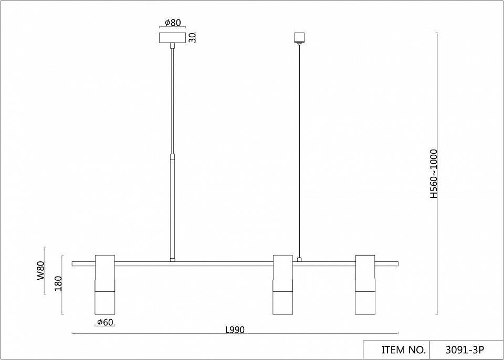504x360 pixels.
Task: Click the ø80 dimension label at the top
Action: point(173,23)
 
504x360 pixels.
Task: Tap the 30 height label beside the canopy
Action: point(192,38)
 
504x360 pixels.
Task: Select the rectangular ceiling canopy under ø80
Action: point(173,38)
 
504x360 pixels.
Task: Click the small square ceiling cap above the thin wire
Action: point(299,37)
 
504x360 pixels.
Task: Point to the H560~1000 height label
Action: point(434,174)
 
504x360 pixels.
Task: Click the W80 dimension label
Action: point(40,271)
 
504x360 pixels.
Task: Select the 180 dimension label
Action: point(58,283)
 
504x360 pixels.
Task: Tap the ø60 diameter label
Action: point(105,322)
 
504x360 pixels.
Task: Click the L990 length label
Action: point(235,330)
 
